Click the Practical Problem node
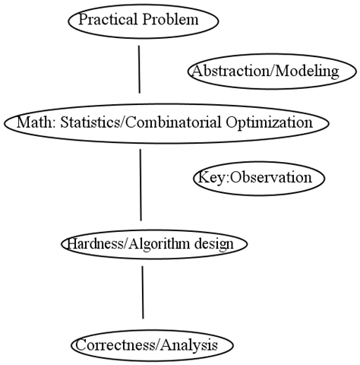click(143, 21)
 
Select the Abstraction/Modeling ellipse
click(272, 71)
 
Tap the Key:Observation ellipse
click(259, 178)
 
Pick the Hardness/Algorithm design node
click(154, 244)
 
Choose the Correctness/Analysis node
click(152, 345)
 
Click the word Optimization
click(270, 122)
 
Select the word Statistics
click(91, 122)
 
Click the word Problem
click(170, 19)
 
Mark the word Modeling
click(307, 71)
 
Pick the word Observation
click(271, 177)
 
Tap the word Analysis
click(189, 345)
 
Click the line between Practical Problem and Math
click(139, 69)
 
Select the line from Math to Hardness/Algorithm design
click(141, 185)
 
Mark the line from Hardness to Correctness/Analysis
click(143, 292)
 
